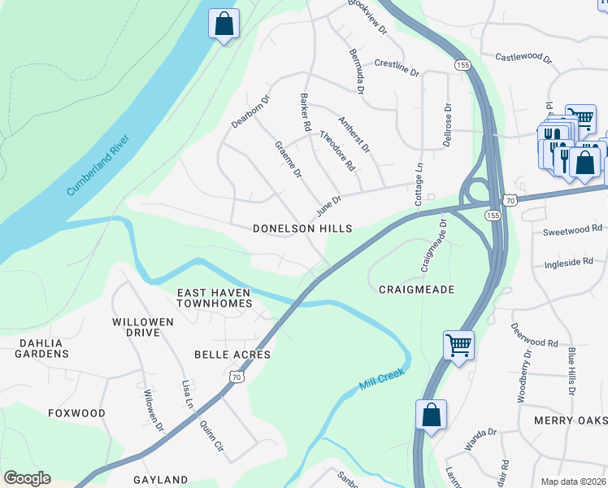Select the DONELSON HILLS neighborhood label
point(302,229)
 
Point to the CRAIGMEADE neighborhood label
point(416,289)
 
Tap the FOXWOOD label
point(76,413)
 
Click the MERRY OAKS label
point(571,420)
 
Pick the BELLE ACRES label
point(232,355)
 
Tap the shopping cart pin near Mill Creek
point(459,346)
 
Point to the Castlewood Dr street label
point(523,59)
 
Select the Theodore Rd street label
point(337,150)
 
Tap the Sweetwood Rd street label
point(572,231)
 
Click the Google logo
point(27,478)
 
